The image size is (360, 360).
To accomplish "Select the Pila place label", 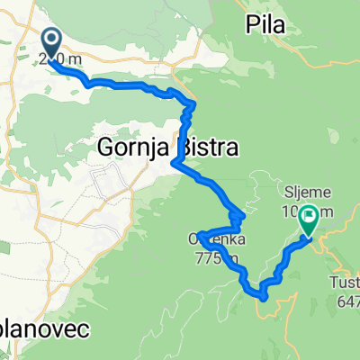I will pos(265,25).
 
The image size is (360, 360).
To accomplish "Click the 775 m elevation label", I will pos(216,259).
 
